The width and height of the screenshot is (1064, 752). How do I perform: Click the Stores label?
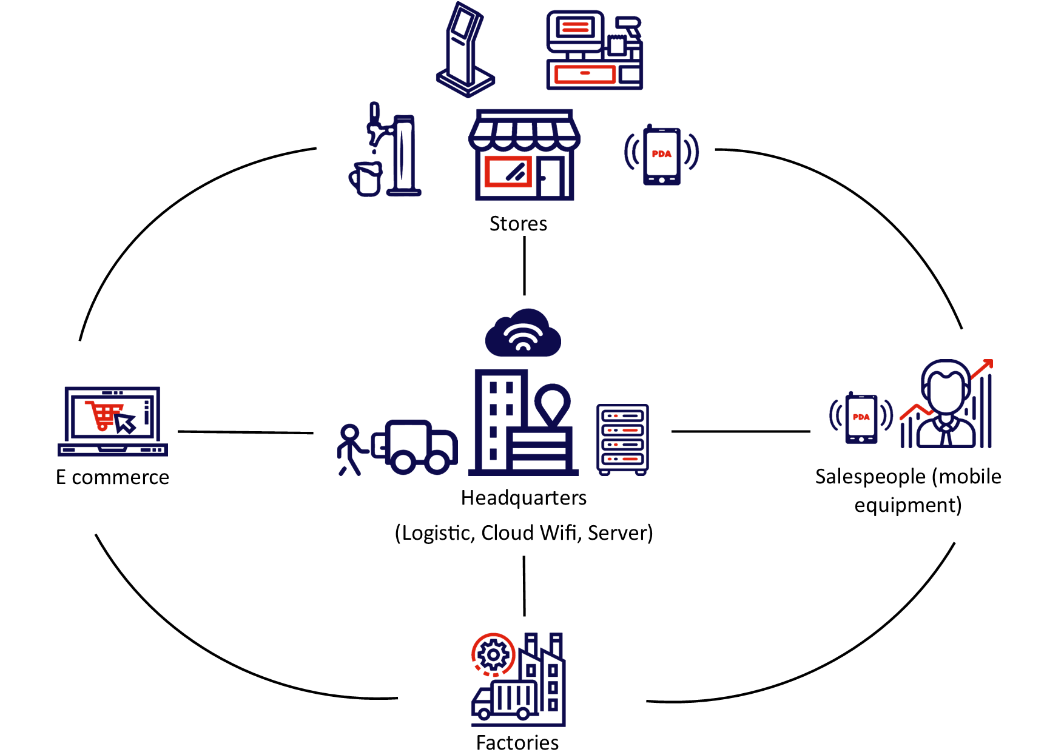(x=518, y=224)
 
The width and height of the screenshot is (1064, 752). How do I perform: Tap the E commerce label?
(x=112, y=477)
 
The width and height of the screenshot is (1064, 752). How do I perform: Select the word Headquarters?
(x=524, y=498)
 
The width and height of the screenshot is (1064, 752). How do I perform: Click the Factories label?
(x=517, y=742)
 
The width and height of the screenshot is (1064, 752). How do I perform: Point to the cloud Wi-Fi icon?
(x=523, y=334)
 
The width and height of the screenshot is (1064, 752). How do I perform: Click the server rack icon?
(x=622, y=439)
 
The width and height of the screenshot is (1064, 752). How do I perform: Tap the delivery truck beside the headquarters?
(x=416, y=446)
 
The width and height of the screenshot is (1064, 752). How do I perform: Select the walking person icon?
(x=350, y=449)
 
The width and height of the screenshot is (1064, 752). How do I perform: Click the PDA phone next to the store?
(x=661, y=155)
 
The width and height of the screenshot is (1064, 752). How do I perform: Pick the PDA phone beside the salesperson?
(x=861, y=418)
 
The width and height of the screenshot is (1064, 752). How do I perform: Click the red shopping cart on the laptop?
(x=104, y=415)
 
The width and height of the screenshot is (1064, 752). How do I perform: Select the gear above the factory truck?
(x=493, y=655)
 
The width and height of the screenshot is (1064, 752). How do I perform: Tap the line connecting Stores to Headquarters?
(x=525, y=266)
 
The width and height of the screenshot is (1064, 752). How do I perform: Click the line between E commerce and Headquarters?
(x=246, y=432)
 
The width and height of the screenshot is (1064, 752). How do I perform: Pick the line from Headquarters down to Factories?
(x=524, y=585)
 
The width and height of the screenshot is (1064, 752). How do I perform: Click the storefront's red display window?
(x=508, y=171)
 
